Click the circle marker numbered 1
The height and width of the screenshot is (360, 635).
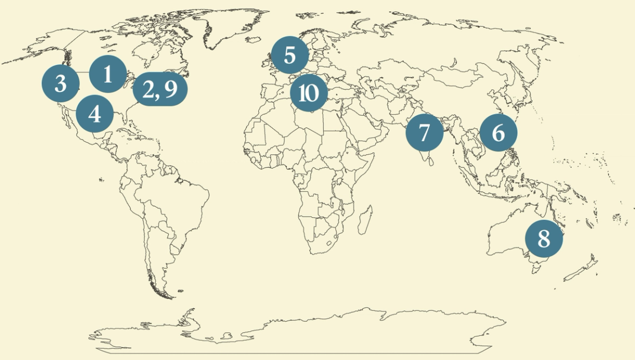(x=108, y=74)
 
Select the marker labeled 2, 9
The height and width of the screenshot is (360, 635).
(x=160, y=89)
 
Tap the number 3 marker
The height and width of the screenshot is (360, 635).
(x=61, y=84)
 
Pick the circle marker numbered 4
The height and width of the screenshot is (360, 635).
(x=94, y=115)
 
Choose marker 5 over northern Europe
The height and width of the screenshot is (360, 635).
(x=290, y=55)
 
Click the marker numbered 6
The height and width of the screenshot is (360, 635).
(x=498, y=133)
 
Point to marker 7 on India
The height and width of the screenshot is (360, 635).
(x=424, y=133)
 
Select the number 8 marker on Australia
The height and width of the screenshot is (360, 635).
(x=543, y=239)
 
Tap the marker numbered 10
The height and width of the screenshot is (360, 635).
(x=308, y=94)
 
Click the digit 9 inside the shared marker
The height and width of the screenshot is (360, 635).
(x=170, y=89)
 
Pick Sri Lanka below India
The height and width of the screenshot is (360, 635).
(x=431, y=161)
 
